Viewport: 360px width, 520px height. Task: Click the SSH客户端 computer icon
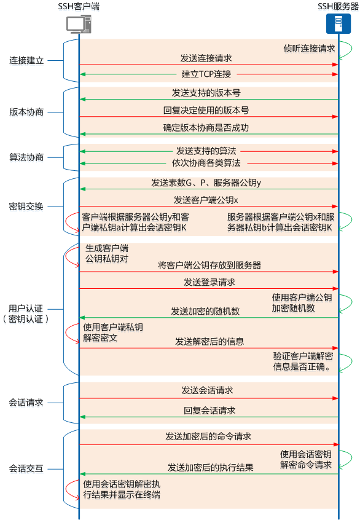(x=79, y=25)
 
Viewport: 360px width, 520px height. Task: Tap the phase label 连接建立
(x=26, y=61)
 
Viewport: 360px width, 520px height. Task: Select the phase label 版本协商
(x=26, y=112)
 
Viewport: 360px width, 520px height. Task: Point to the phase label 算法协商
(x=26, y=157)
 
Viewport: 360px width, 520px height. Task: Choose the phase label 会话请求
(x=26, y=403)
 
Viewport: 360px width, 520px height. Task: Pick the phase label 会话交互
(x=26, y=468)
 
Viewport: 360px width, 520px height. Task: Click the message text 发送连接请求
(x=206, y=58)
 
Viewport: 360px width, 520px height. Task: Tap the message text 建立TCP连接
(x=206, y=74)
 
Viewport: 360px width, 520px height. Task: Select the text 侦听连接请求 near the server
(x=309, y=47)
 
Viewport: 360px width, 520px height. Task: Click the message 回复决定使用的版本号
(x=206, y=110)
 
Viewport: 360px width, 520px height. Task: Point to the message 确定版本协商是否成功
(x=206, y=127)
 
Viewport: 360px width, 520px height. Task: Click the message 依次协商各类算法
(x=206, y=163)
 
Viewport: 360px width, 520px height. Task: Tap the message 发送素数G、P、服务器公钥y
(x=206, y=183)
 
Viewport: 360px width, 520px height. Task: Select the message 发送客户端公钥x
(x=206, y=200)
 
